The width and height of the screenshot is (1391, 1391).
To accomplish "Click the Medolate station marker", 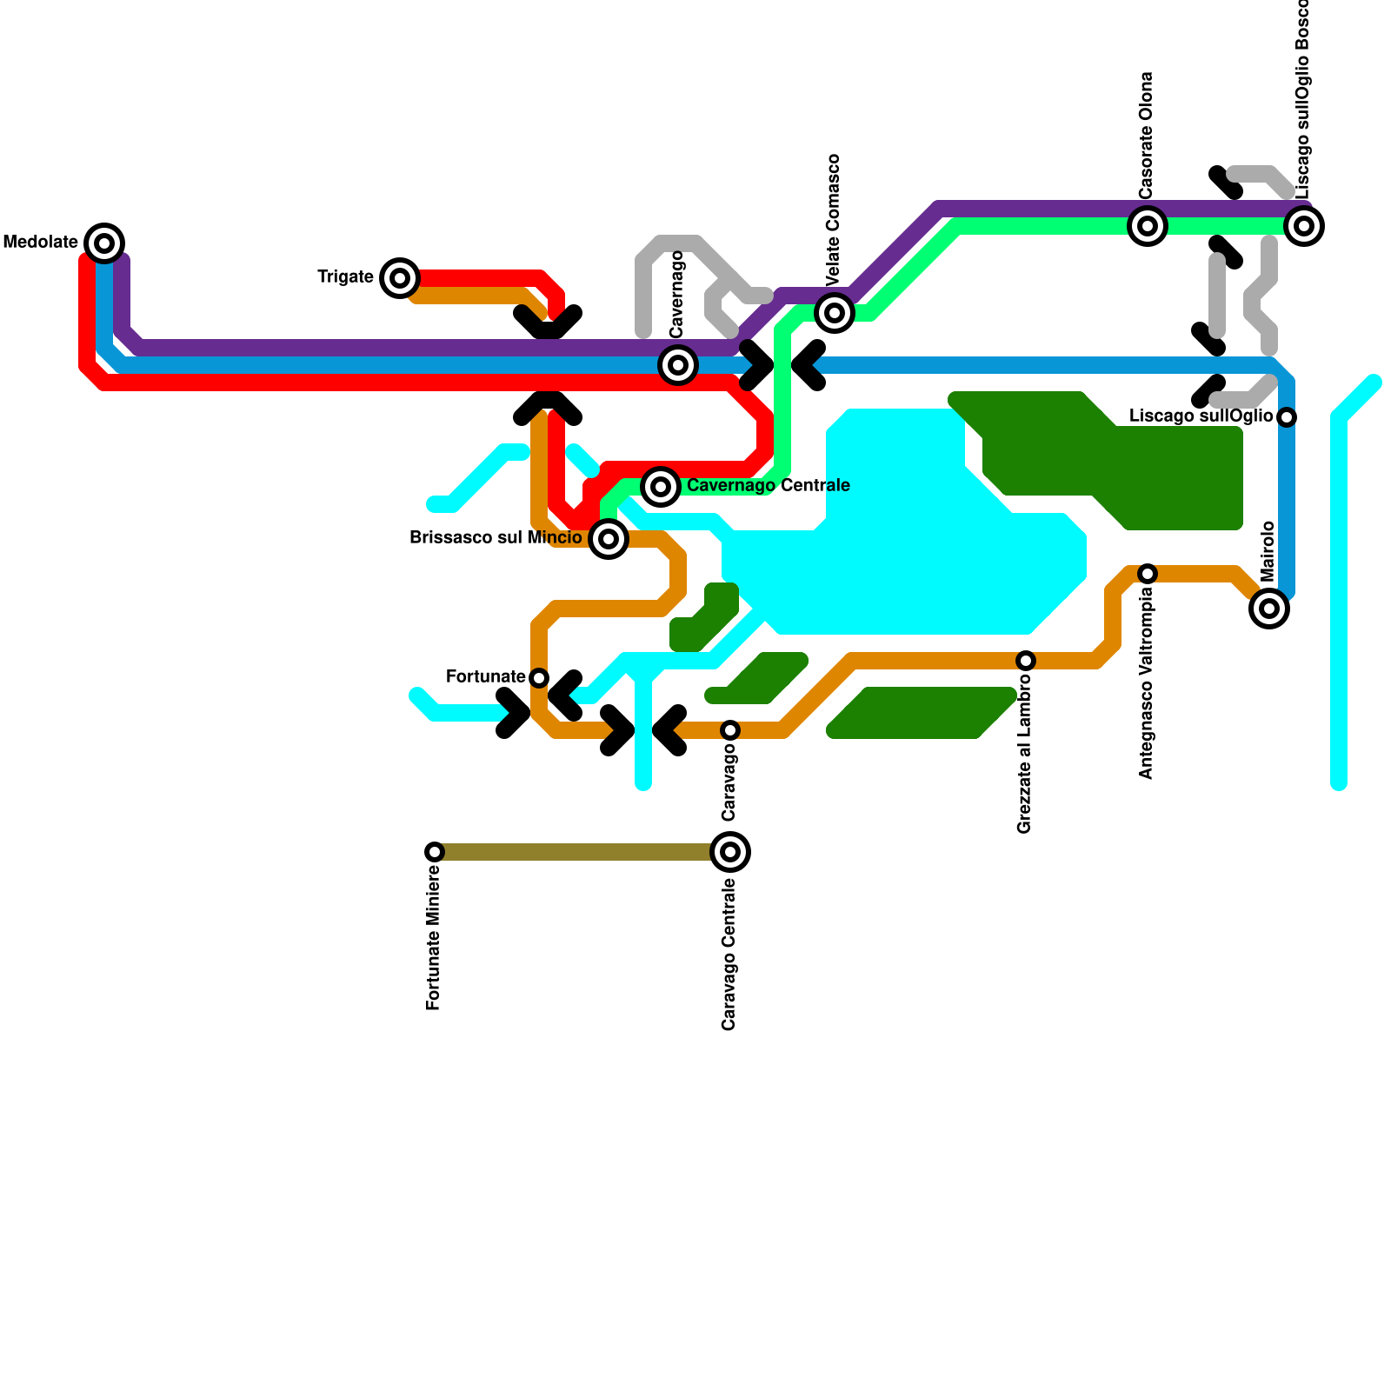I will (104, 243).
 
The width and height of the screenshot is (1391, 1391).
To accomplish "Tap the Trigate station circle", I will (400, 278).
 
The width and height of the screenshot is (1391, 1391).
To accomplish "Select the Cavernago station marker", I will (678, 365).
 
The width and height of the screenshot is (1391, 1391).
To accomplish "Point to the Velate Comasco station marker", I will (835, 312).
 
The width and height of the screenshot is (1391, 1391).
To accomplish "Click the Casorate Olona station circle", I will (1148, 226).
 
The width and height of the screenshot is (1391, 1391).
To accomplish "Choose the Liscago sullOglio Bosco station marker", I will (1304, 226).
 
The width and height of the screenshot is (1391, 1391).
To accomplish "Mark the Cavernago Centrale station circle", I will (661, 486).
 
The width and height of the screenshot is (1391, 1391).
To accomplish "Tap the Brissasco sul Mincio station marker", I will (609, 539).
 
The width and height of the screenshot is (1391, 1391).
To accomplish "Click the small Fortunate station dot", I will (539, 678).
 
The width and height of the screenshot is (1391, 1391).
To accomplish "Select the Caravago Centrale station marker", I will (730, 852).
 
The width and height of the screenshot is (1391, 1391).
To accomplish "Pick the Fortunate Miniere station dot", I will (435, 852).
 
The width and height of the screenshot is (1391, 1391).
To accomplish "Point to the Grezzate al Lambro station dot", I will (1026, 661).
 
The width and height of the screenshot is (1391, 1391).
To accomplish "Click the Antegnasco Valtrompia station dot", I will (1148, 574).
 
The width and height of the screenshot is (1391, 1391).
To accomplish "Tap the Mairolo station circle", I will (1269, 609).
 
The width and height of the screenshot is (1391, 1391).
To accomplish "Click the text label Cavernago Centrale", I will (769, 485).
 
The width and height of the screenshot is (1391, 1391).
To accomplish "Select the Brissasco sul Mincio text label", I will (496, 538).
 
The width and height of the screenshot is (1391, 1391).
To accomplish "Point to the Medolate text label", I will (41, 242).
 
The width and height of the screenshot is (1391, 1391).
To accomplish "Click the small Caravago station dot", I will (730, 730).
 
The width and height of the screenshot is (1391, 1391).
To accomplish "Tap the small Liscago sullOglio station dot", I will (1288, 417).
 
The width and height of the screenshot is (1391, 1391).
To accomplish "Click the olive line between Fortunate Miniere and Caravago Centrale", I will (574, 852).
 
